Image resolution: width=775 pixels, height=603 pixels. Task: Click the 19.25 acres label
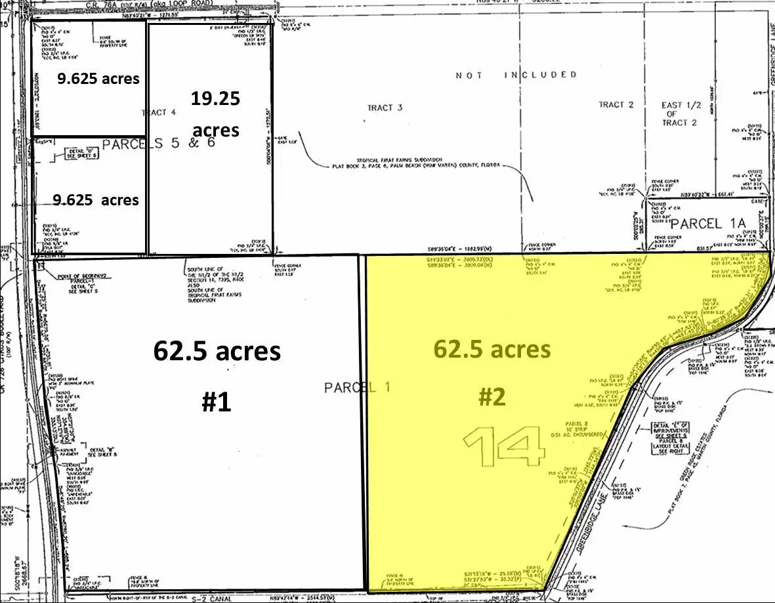pyautogui.click(x=216, y=114)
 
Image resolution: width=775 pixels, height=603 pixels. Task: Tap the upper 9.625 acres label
pyautogui.click(x=98, y=79)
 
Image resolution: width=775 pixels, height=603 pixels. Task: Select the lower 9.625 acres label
pyautogui.click(x=97, y=199)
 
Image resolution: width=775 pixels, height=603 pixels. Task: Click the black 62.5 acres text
pyautogui.click(x=217, y=351)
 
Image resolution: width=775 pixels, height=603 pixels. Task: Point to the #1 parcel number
pyautogui.click(x=216, y=401)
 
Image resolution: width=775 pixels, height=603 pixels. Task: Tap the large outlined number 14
pyautogui.click(x=505, y=447)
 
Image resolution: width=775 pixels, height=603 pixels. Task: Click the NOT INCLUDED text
pyautogui.click(x=516, y=75)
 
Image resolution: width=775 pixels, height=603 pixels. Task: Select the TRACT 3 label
pyautogui.click(x=381, y=108)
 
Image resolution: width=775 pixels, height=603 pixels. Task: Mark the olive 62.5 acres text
pyautogui.click(x=492, y=349)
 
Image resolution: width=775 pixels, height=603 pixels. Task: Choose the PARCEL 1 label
pyautogui.click(x=357, y=388)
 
